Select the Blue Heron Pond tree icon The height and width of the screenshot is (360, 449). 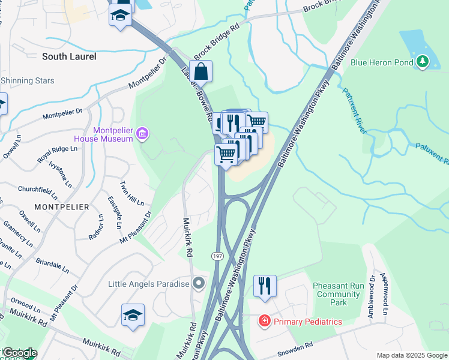click(423, 61)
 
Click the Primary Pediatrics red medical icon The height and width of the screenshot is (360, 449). click(264, 322)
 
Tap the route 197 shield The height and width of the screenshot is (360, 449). click(216, 256)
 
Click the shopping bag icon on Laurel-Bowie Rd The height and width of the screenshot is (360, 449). click(202, 72)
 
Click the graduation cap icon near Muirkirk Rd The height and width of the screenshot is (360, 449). click(133, 315)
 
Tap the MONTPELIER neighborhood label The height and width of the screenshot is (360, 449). click(62, 206)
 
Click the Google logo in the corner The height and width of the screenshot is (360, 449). click(19, 353)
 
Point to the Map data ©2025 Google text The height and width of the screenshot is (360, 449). click(412, 355)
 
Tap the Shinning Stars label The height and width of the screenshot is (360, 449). click(27, 81)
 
